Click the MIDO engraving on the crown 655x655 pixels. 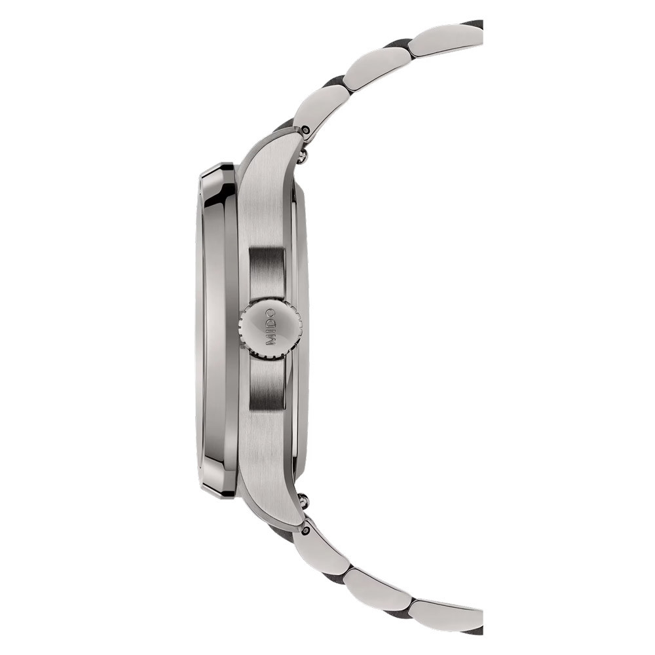(271, 327)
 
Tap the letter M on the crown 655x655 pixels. (271, 341)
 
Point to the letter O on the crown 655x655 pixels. (271, 313)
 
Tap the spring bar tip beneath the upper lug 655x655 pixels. (303, 157)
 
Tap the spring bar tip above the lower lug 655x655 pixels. (303, 498)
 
